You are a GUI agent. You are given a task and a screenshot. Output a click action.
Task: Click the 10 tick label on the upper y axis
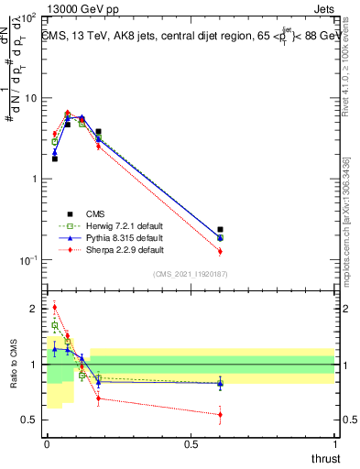click(28, 98)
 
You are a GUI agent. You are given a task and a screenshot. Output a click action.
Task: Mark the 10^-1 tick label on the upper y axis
click(27, 260)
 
